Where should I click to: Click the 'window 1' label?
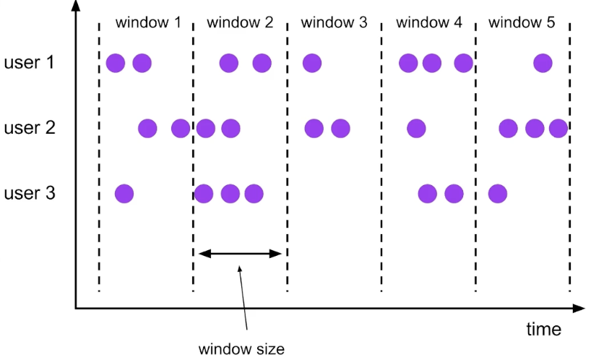(x=148, y=22)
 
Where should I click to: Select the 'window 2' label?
(x=240, y=22)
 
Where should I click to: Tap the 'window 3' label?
(x=334, y=22)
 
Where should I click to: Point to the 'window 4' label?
(x=428, y=22)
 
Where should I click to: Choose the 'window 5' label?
(x=522, y=22)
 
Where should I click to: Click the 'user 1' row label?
(x=29, y=63)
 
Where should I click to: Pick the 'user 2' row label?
(x=29, y=129)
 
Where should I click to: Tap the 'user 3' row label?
(x=29, y=194)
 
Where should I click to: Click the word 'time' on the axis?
(x=543, y=330)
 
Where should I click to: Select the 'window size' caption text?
(x=242, y=349)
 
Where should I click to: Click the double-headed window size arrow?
(x=239, y=253)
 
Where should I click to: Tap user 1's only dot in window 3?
(x=311, y=63)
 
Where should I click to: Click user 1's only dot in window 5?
(x=543, y=63)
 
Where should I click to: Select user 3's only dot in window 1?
(x=124, y=194)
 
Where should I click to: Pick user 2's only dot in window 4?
(x=416, y=129)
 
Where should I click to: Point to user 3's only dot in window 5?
(x=497, y=194)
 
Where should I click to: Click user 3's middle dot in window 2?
(x=230, y=194)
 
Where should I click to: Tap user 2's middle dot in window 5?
(x=534, y=129)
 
